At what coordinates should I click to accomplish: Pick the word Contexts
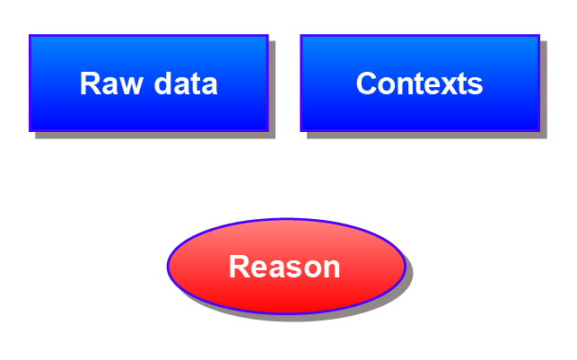click(x=419, y=83)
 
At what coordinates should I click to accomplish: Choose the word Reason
click(x=284, y=267)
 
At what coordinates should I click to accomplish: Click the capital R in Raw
click(x=89, y=83)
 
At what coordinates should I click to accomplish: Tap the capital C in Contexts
click(x=366, y=83)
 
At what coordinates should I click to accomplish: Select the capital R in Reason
click(x=238, y=267)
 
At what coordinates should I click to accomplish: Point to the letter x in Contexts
click(x=443, y=84)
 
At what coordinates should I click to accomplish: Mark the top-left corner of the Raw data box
click(x=30, y=36)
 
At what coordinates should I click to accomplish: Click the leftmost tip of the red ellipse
click(x=168, y=266)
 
